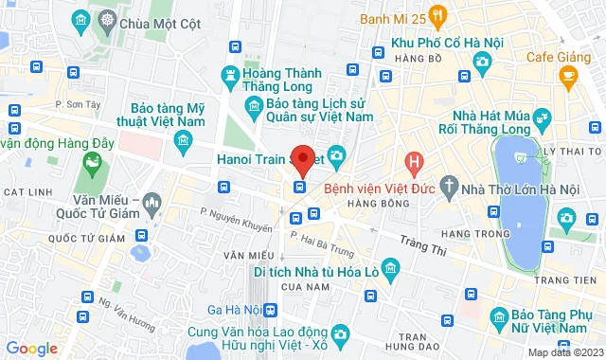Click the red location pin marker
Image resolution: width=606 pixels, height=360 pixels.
pos(302,159)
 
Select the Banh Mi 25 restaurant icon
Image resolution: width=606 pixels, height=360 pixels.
pos(437,15)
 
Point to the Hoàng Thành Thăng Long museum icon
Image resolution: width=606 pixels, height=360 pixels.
pos(230,74)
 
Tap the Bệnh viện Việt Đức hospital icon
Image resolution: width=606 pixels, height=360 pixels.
pos(414,163)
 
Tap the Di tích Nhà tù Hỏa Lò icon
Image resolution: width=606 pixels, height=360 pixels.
pos(387,269)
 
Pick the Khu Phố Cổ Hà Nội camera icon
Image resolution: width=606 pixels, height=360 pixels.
pos(483,62)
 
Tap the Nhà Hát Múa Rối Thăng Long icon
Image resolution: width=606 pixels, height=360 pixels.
pos(542,118)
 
